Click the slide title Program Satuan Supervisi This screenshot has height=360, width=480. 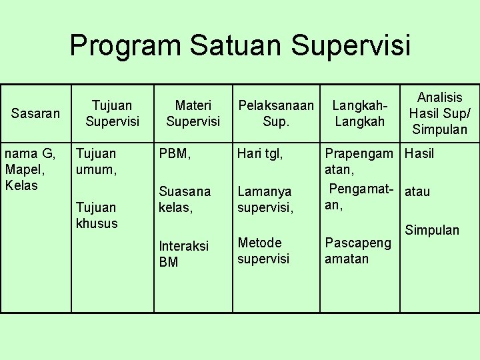point(240,46)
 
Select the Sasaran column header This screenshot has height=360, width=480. point(35,113)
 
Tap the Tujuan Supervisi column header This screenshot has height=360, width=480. point(112,113)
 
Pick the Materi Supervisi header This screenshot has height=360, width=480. point(193,113)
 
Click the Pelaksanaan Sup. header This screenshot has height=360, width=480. point(276,113)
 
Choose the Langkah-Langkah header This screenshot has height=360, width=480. point(360,113)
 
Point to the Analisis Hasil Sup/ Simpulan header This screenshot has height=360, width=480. point(439,113)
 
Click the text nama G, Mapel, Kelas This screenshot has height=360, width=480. point(30,169)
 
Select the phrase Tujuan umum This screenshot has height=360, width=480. point(96,161)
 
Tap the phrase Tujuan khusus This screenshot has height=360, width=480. point(96,215)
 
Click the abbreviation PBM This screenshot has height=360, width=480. point(175,154)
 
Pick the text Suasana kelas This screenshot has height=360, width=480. point(184,199)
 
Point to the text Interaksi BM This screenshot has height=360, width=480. point(183,254)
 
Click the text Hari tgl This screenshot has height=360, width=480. point(261,154)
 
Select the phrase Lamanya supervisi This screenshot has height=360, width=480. point(265,199)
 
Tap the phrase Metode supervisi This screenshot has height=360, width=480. point(263,250)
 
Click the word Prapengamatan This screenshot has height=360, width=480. point(358,161)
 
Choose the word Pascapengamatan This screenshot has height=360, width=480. point(357,250)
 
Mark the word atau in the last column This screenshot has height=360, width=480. point(417,192)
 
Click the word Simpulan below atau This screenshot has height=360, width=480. point(433,230)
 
